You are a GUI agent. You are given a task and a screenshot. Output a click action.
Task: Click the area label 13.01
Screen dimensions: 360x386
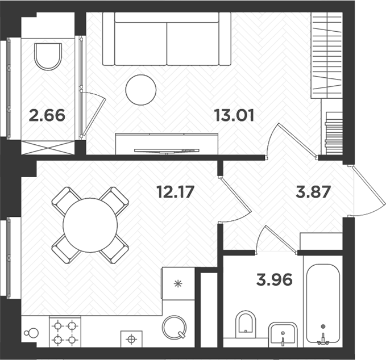234,116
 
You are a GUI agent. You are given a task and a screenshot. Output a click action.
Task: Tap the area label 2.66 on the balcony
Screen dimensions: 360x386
47,116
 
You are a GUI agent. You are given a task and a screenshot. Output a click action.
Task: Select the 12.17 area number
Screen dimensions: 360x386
176,192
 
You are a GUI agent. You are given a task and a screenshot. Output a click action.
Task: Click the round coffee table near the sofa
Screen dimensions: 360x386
140,90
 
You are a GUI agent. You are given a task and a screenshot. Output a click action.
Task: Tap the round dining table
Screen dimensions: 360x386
90,225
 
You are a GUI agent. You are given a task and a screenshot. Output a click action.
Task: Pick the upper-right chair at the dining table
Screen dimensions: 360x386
116,200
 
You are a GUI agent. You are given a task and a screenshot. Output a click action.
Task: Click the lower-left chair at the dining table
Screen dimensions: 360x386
65,250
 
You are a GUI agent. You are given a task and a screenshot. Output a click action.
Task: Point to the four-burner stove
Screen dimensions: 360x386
65,333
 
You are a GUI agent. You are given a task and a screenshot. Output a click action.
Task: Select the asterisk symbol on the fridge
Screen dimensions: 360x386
178,283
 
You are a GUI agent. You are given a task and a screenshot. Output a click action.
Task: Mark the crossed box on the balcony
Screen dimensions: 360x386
47,147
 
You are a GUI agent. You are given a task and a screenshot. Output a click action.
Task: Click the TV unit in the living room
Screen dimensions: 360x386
167,143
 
